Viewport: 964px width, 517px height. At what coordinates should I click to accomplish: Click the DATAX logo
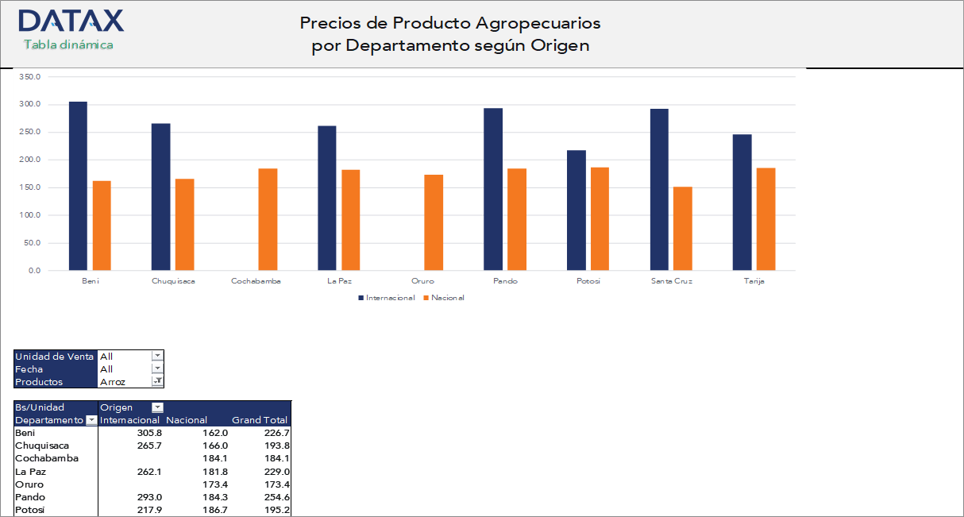pyautogui.click(x=71, y=21)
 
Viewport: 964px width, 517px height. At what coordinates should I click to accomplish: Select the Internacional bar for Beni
pyautogui.click(x=78, y=186)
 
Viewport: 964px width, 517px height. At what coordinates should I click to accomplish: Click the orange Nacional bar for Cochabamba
pyautogui.click(x=268, y=219)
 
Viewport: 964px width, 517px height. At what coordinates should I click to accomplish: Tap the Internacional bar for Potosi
pyautogui.click(x=576, y=210)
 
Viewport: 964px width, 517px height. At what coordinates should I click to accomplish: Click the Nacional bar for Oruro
pyautogui.click(x=434, y=222)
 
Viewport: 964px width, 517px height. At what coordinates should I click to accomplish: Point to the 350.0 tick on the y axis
pyautogui.click(x=29, y=77)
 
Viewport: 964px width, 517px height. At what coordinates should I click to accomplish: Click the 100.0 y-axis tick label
pyautogui.click(x=29, y=215)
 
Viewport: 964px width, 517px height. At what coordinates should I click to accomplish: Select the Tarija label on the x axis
pyautogui.click(x=754, y=281)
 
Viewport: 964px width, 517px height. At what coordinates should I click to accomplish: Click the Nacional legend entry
pyautogui.click(x=447, y=298)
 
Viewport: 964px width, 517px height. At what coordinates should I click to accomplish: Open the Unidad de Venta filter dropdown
pyautogui.click(x=157, y=357)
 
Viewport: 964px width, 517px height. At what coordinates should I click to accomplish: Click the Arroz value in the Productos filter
pyautogui.click(x=113, y=382)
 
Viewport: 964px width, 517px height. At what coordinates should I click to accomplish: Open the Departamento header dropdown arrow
pyautogui.click(x=91, y=420)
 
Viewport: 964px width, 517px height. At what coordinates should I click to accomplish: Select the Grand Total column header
pyautogui.click(x=260, y=420)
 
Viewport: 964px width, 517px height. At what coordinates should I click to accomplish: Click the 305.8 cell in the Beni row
pyautogui.click(x=149, y=433)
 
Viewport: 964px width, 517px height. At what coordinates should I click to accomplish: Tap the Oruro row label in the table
pyautogui.click(x=29, y=484)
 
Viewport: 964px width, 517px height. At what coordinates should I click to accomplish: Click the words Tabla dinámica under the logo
pyautogui.click(x=68, y=44)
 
